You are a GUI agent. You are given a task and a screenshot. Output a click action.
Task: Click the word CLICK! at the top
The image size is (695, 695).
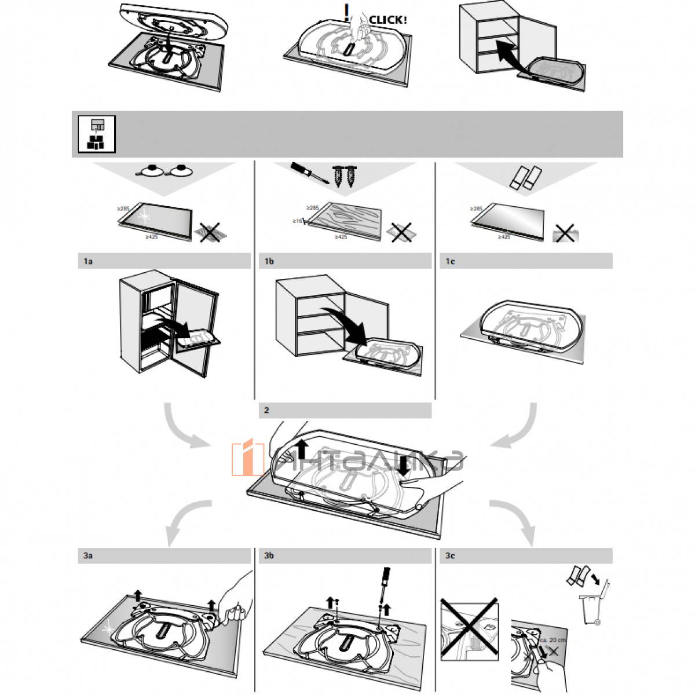[x=388, y=19]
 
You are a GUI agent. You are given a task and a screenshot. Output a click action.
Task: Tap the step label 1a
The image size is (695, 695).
[x=88, y=262]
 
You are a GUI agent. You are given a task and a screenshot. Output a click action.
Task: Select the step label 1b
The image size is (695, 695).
[x=269, y=262]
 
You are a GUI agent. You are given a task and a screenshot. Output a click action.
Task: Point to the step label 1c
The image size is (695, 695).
[x=450, y=262]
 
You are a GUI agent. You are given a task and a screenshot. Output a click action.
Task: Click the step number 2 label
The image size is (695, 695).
[x=266, y=411]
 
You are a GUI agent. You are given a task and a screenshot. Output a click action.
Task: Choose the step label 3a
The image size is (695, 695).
[x=88, y=556]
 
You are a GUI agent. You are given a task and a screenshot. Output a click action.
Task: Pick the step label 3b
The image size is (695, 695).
[x=269, y=556]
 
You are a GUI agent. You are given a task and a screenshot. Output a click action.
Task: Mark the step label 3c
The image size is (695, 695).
[x=450, y=556]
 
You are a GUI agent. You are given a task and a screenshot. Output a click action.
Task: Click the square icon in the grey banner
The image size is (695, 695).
[x=97, y=134]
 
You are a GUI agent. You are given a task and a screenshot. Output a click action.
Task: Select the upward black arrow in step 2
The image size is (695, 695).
[x=301, y=449]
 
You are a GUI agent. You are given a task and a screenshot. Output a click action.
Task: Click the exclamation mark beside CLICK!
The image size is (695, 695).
[x=347, y=12]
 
